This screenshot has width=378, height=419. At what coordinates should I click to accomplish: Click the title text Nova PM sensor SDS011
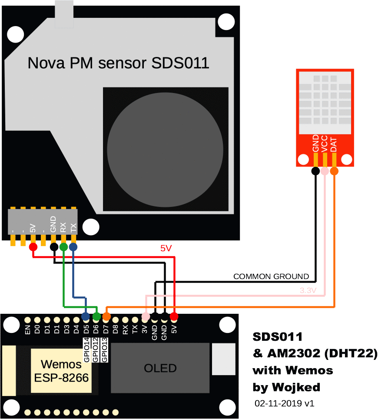[x=118, y=63]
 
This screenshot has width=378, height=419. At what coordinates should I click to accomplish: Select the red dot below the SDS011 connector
[x=33, y=247]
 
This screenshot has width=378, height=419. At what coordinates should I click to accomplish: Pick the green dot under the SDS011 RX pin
[x=63, y=247]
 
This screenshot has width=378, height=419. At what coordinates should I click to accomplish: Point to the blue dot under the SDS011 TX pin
[x=73, y=247]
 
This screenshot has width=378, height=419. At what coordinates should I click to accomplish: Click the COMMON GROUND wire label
[x=271, y=276]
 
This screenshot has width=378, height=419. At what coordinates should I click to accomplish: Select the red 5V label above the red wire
[x=166, y=249]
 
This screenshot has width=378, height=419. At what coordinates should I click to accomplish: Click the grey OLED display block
[x=160, y=368]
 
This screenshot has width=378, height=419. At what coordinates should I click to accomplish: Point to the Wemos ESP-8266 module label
[x=61, y=371]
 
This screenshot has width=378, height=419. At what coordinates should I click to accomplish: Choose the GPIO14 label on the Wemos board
[x=86, y=350]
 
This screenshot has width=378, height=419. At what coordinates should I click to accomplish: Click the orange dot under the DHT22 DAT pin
[x=334, y=171]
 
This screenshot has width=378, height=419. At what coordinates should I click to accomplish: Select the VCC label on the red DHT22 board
[x=325, y=143]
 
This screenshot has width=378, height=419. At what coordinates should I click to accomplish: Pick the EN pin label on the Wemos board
[x=28, y=330]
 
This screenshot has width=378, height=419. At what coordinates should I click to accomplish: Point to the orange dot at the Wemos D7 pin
[x=106, y=316]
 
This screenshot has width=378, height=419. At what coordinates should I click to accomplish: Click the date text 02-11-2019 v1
[x=285, y=403]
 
